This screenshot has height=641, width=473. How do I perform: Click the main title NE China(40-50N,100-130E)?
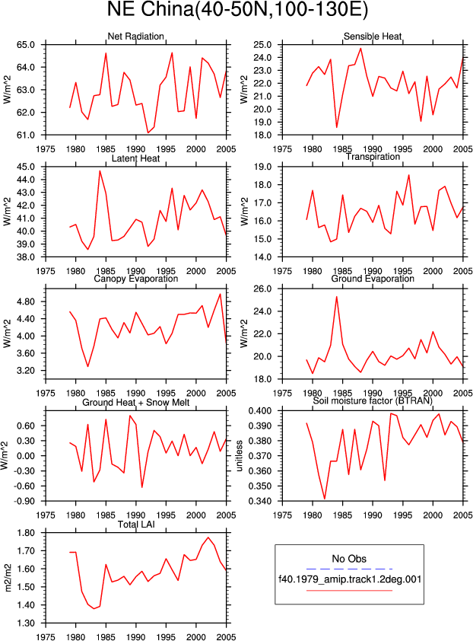point(237,10)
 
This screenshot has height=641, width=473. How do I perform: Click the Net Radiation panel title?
point(135,37)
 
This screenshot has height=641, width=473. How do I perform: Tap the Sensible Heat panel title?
point(373,37)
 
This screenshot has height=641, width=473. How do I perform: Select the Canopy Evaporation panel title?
point(135,279)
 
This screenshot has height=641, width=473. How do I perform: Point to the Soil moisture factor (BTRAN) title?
point(373,400)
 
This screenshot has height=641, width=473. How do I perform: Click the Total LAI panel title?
point(136,524)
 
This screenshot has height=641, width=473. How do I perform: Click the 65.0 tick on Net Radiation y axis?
point(25,45)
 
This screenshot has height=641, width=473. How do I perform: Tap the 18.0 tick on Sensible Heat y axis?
point(262,135)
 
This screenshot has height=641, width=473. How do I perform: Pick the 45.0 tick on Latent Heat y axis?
point(25,167)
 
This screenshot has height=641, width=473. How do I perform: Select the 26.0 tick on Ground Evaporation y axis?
point(262,289)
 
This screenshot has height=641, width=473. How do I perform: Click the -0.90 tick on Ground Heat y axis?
point(24,501)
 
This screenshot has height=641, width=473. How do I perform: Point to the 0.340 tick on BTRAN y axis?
point(260,501)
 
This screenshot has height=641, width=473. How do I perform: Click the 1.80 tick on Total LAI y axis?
point(26,533)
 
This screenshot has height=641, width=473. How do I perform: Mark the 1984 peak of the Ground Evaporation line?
point(337,297)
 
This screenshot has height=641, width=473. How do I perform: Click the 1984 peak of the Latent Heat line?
point(100,171)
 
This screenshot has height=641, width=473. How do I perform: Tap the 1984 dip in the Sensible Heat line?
point(337,128)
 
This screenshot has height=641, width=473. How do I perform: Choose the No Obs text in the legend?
point(349,559)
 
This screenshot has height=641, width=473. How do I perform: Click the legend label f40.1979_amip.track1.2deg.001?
point(350,579)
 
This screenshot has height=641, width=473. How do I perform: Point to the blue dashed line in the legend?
point(349,569)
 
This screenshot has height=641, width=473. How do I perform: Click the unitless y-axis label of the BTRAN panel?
point(240,456)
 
